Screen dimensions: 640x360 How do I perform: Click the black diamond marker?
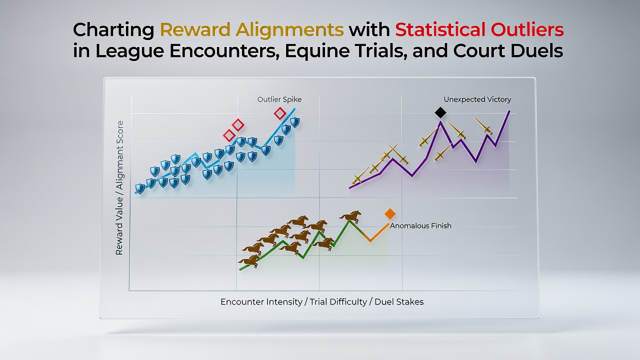click(x=440, y=112)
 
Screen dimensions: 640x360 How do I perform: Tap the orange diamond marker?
click(x=389, y=213)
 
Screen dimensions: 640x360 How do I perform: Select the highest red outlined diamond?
click(x=279, y=113)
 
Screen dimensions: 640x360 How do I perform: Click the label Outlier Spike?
click(x=279, y=99)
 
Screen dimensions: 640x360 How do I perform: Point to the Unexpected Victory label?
click(x=477, y=99)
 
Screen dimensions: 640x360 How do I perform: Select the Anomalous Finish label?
click(x=420, y=225)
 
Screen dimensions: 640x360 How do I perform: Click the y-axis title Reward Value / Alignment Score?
click(x=119, y=187)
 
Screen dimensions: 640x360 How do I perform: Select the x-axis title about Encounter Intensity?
click(x=322, y=301)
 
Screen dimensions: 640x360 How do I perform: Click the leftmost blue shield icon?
click(x=139, y=189)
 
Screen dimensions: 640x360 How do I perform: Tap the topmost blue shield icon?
click(x=295, y=122)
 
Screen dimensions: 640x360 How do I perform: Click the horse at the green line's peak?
click(x=350, y=216)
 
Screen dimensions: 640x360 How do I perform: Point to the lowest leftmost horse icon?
click(x=249, y=261)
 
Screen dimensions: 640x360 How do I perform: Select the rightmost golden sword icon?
click(x=483, y=126)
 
